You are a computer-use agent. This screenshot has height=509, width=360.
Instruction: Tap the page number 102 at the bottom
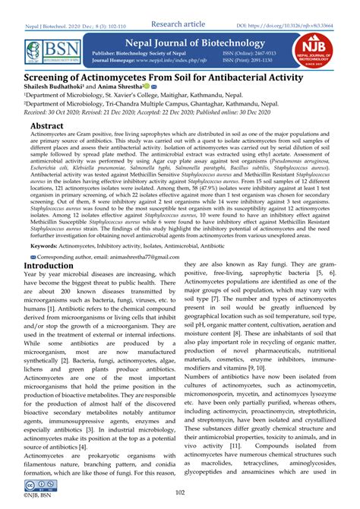[x=180, y=493]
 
